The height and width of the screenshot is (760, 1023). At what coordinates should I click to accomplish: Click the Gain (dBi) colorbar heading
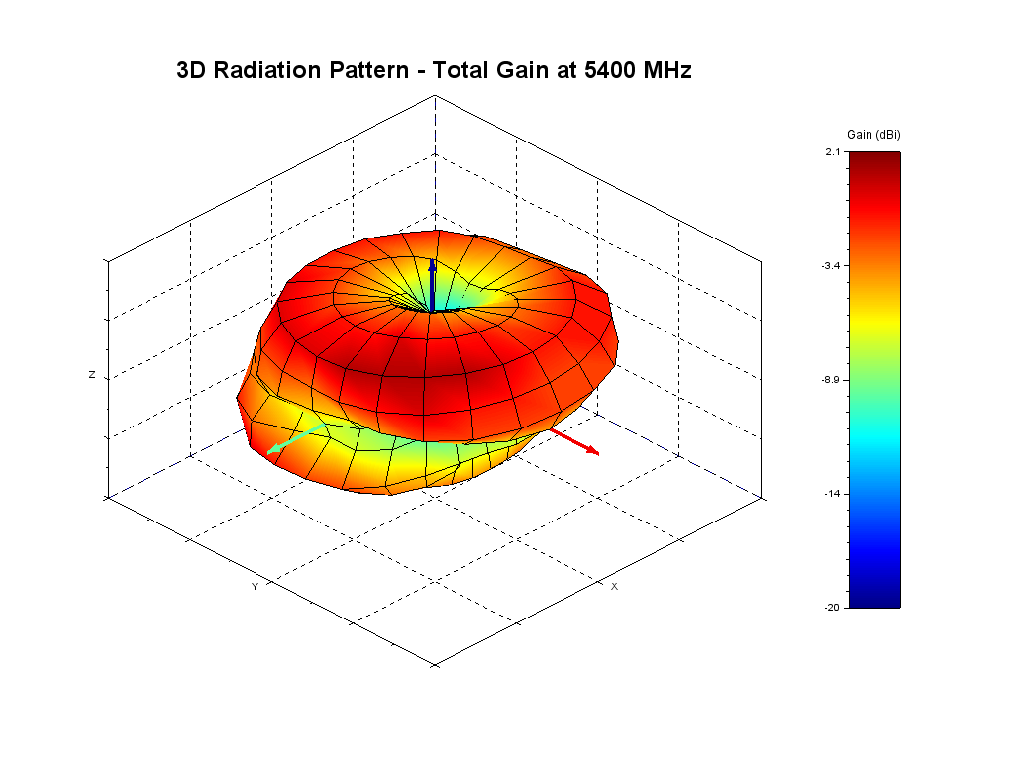point(874,134)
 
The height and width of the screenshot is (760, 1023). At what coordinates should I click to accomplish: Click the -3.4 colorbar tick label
point(830,266)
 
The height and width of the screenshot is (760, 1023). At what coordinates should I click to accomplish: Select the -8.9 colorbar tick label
point(830,380)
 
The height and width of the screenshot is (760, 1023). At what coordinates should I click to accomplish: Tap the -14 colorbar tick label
point(832,494)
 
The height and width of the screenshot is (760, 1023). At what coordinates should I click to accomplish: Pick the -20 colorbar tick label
point(832,608)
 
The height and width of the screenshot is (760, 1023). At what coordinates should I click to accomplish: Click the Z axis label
point(92,376)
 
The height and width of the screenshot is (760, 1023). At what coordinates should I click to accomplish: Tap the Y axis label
point(255,587)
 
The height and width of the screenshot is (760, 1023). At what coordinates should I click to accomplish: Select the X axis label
point(614,587)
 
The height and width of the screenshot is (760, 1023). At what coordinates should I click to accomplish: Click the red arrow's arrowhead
point(593,451)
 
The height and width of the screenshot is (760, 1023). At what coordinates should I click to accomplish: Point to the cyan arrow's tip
point(270,452)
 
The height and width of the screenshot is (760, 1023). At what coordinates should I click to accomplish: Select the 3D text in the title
point(191,70)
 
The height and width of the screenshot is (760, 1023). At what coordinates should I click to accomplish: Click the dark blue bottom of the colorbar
point(874,598)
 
